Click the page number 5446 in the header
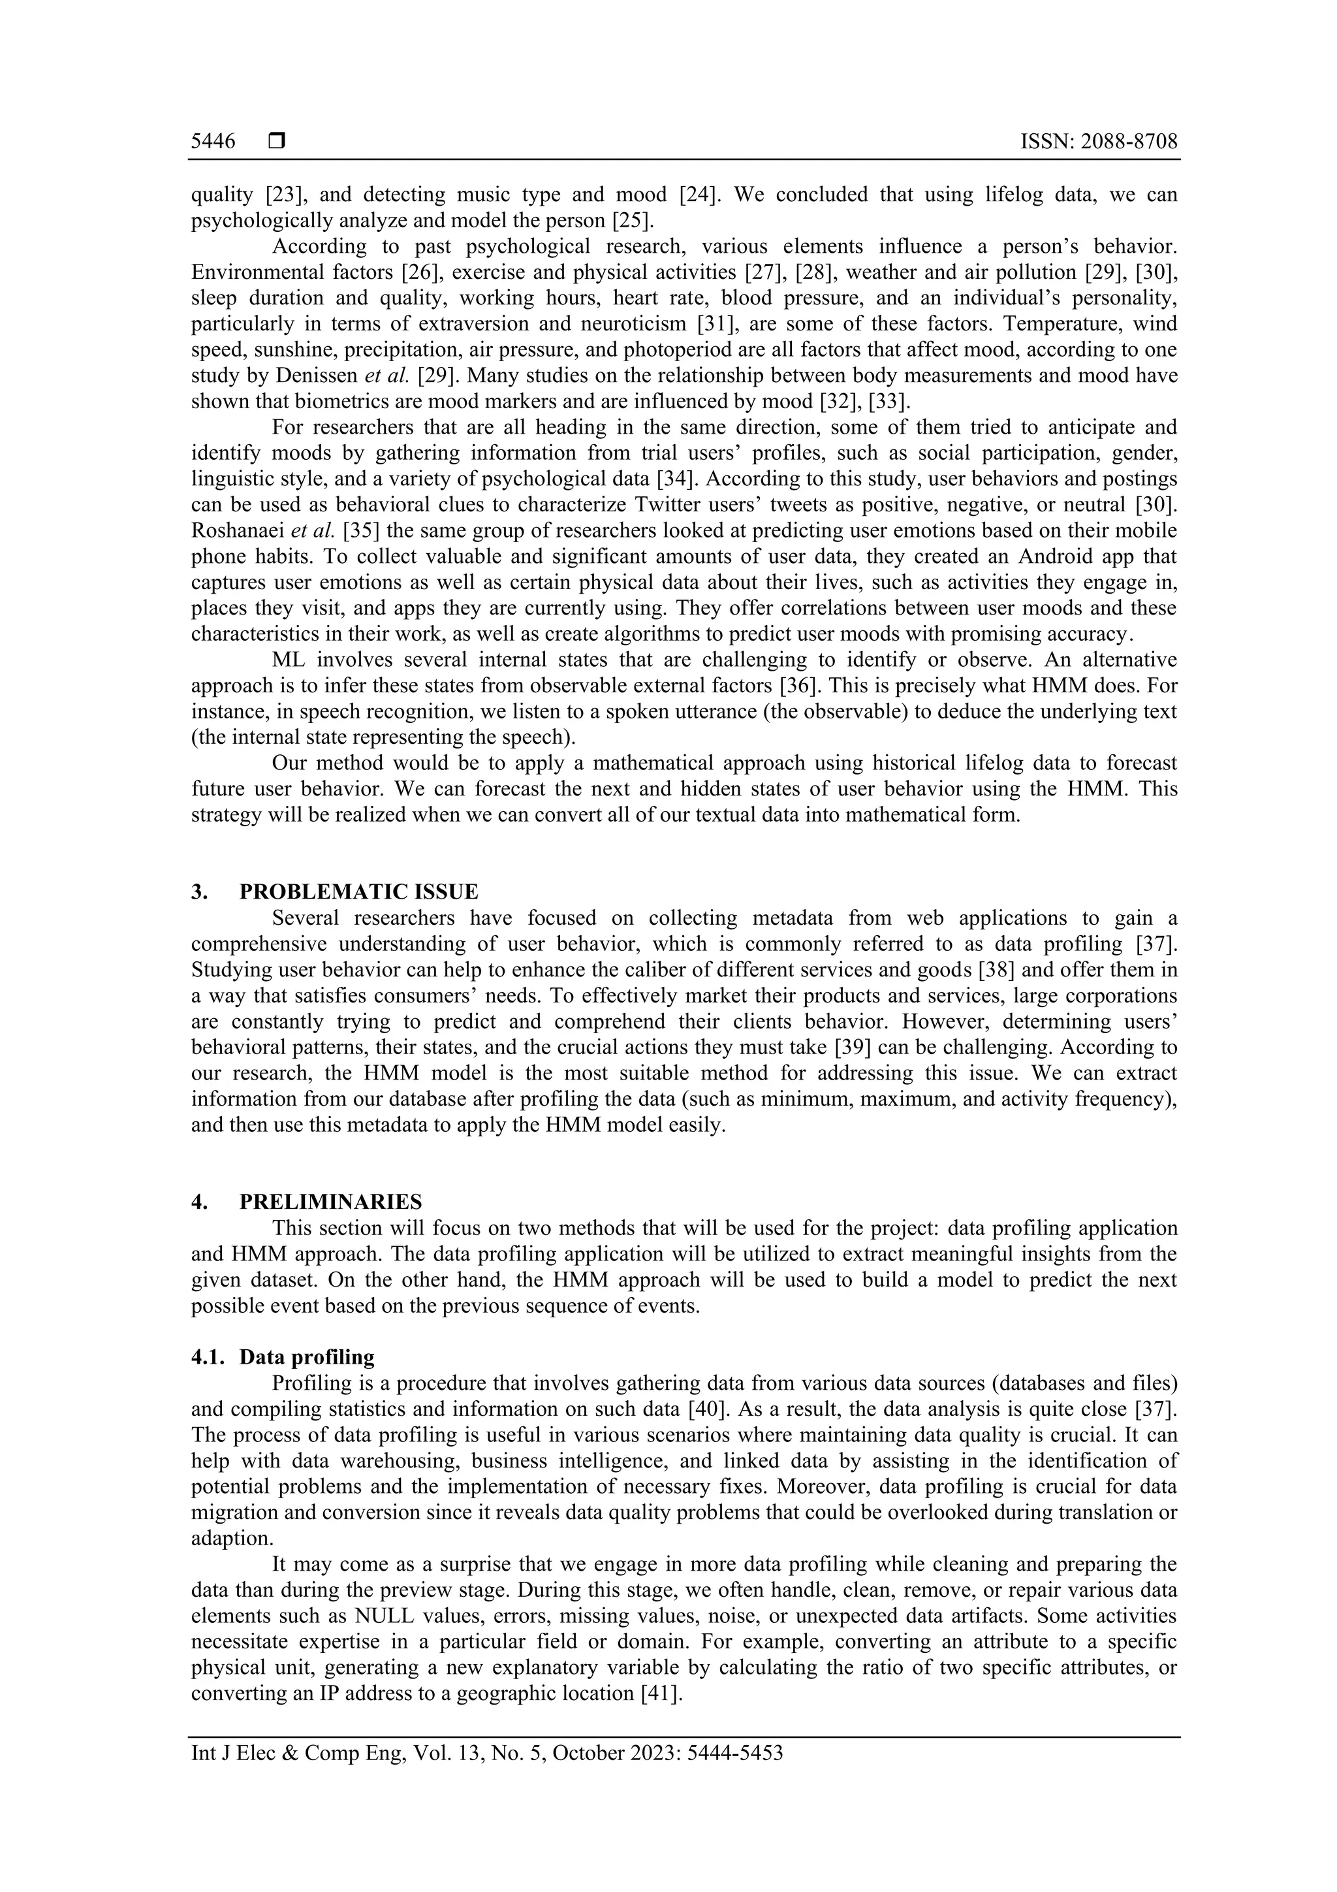[x=213, y=142]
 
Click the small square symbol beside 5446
[x=277, y=142]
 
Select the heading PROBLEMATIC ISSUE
[x=358, y=891]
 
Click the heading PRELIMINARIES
[x=330, y=1202]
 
